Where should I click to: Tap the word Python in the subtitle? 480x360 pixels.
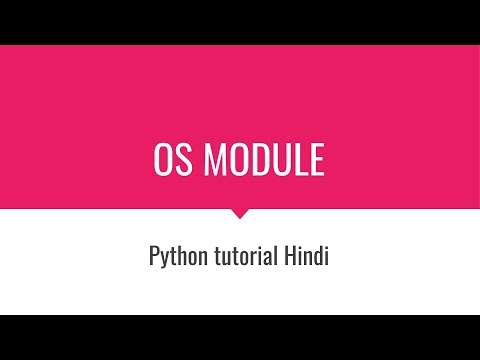tap(174, 257)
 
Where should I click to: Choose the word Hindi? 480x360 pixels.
tap(309, 256)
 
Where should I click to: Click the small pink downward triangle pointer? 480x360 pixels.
tap(240, 213)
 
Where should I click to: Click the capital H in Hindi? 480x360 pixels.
tap(293, 256)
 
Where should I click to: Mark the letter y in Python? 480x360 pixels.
tap(164, 259)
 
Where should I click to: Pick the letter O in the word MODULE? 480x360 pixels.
tap(238, 160)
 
